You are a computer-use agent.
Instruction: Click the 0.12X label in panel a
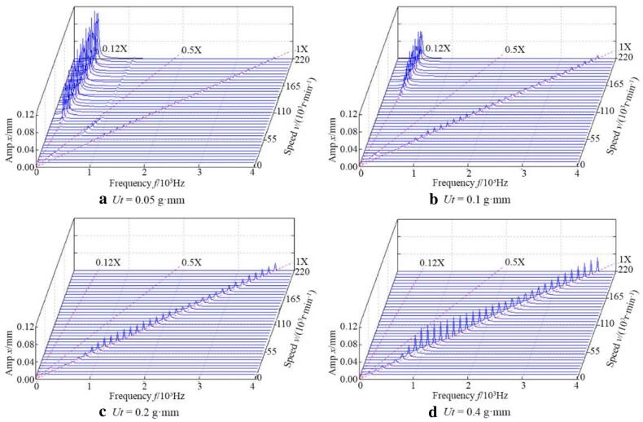(x=114, y=49)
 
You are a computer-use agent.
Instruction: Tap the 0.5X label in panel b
(x=514, y=50)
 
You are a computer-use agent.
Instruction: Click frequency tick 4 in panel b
(x=575, y=174)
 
